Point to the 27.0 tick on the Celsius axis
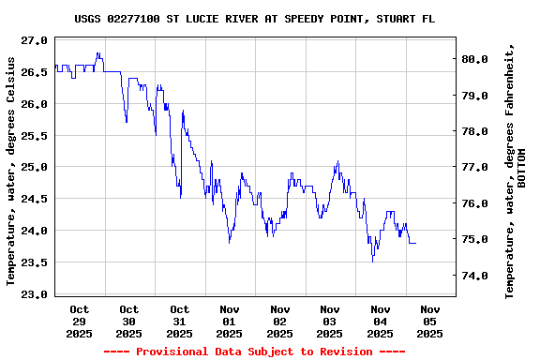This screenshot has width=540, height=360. (x=34, y=40)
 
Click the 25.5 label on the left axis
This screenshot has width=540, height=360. (x=34, y=136)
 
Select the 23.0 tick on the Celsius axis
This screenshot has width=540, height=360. (x=34, y=294)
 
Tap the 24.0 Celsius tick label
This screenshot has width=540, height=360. (x=34, y=231)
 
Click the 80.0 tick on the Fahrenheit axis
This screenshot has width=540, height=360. (x=475, y=59)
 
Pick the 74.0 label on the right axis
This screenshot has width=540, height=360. (x=475, y=277)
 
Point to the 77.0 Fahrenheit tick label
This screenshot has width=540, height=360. (x=475, y=168)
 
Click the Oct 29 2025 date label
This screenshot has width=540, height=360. (x=79, y=321)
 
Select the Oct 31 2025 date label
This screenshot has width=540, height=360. (x=179, y=321)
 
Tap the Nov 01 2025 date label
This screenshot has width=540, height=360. (x=230, y=321)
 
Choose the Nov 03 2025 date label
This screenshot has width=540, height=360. (x=330, y=321)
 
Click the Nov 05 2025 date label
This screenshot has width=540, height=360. (x=430, y=321)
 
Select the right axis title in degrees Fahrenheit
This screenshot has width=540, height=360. (x=510, y=171)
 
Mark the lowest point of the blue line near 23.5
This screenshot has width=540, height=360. (x=373, y=260)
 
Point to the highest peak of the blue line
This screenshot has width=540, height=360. (x=97, y=53)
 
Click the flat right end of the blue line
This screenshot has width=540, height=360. (x=412, y=243)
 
